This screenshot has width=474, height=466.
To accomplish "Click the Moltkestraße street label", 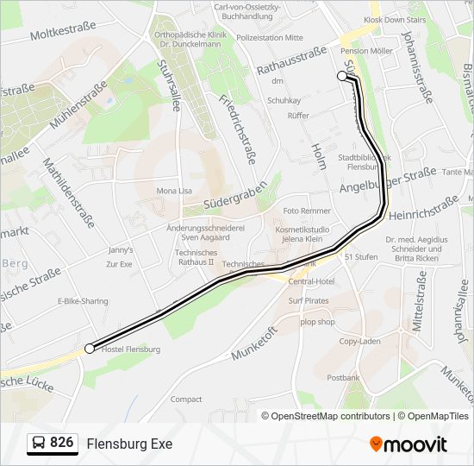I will point(63,32).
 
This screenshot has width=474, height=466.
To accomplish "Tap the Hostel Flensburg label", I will point(131,349).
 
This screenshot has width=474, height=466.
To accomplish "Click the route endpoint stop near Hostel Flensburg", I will point(90,349).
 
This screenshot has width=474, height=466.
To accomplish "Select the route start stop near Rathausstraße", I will point(342,76).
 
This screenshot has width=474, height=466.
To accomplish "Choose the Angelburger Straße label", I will point(388,181).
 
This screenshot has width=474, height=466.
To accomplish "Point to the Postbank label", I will point(343,378).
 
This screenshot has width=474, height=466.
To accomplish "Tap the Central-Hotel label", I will point(311,281).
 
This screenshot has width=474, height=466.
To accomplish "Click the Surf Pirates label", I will point(308,301).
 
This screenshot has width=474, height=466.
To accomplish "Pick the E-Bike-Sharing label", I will point(83,301).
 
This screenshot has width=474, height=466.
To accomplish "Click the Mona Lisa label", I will point(174,191).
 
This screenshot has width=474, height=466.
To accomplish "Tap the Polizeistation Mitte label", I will point(270,38).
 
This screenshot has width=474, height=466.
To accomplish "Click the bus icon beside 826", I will point(39,444).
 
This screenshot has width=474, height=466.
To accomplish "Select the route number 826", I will point(61,443).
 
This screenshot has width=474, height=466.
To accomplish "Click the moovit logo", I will point(409,444).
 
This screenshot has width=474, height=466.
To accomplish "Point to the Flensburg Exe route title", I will point(129,444).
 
